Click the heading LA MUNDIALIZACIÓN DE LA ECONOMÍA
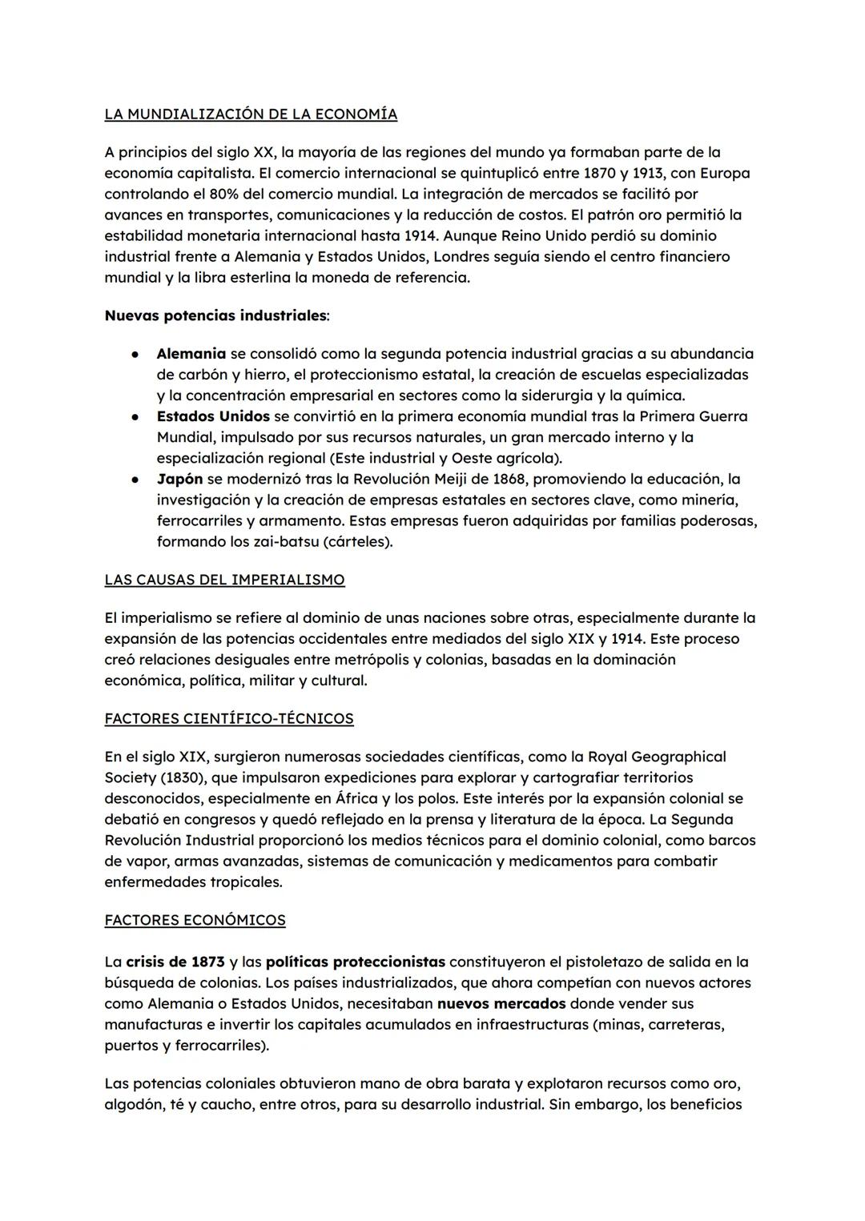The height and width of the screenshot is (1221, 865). click(x=251, y=114)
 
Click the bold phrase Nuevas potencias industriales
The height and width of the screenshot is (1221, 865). click(x=215, y=315)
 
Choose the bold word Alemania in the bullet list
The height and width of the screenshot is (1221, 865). click(x=191, y=353)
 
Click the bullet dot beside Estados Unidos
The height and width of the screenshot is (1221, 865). click(x=138, y=416)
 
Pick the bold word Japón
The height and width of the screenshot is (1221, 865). click(x=179, y=479)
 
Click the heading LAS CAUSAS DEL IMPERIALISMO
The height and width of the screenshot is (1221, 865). click(x=224, y=580)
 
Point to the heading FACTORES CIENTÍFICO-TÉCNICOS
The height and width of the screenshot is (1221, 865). click(x=229, y=718)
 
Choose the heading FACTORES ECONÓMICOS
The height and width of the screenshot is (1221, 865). click(x=195, y=920)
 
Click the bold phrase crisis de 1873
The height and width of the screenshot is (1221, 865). click(x=175, y=962)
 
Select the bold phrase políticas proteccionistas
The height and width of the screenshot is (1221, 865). click(x=356, y=962)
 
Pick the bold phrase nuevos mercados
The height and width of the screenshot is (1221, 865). click(x=501, y=1003)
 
